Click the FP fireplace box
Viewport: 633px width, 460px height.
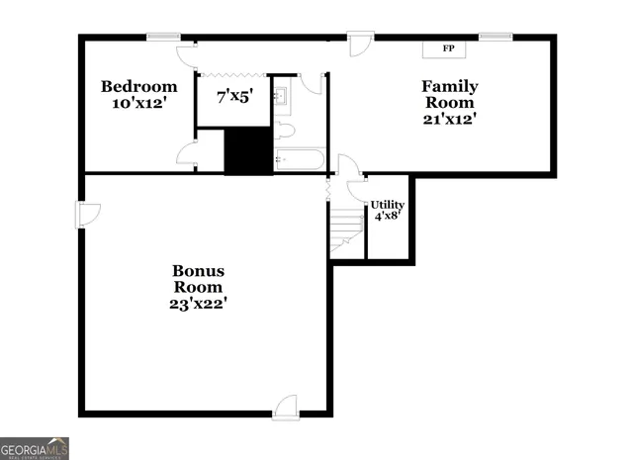[448, 48]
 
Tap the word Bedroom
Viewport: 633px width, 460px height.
[138, 86]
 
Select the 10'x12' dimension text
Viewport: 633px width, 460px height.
[138, 103]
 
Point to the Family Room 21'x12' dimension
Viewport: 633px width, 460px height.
[449, 119]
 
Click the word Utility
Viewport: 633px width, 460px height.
[387, 204]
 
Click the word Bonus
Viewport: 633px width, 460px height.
[199, 270]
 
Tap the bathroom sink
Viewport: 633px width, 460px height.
[281, 96]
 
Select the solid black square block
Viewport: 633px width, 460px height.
[247, 151]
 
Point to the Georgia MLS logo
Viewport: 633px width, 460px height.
[35, 447]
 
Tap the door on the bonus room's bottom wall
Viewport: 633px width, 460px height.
[285, 405]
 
